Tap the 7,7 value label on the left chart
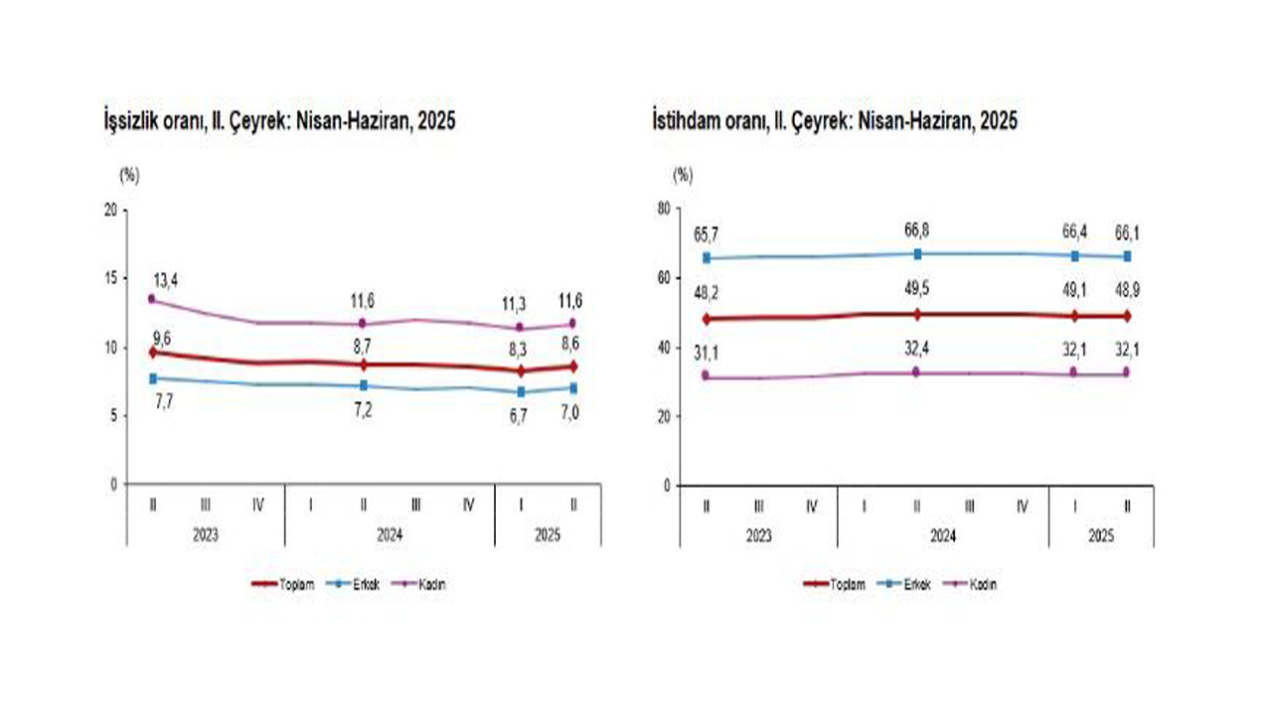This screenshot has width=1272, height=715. (x=162, y=399)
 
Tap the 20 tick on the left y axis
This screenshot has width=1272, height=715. (x=109, y=210)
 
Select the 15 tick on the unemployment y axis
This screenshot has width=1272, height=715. (x=109, y=278)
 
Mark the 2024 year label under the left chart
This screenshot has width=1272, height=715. (x=390, y=534)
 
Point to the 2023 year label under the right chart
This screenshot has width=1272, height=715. (x=758, y=535)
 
